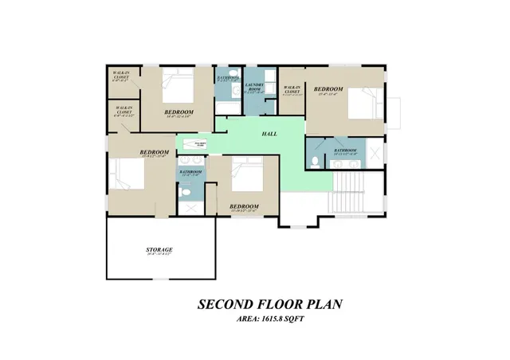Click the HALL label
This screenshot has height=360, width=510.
click(x=269, y=135)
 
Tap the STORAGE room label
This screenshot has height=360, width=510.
click(x=159, y=251)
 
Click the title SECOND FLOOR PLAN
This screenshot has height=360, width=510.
click(x=270, y=305)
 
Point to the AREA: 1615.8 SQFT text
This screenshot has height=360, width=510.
click(x=270, y=319)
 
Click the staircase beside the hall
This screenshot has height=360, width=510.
click(x=351, y=194)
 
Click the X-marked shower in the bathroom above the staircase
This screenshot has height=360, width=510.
click(x=372, y=151)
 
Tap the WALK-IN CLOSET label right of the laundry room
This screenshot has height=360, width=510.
click(x=292, y=90)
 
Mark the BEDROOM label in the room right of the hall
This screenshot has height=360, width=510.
click(x=328, y=89)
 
